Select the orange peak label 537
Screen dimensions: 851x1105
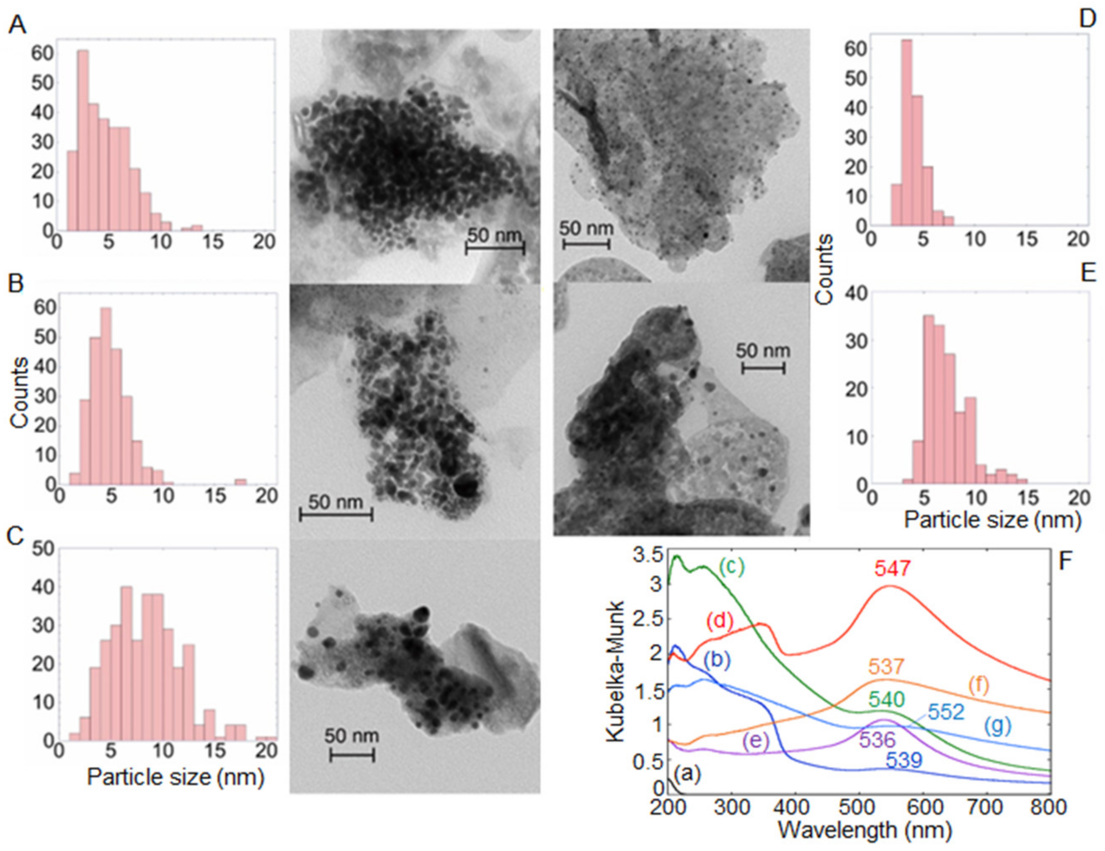click(x=886, y=667)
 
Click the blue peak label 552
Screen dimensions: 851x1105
click(x=947, y=712)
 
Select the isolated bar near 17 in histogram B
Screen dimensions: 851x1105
click(x=241, y=481)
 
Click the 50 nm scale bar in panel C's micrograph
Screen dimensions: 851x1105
click(x=352, y=756)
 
